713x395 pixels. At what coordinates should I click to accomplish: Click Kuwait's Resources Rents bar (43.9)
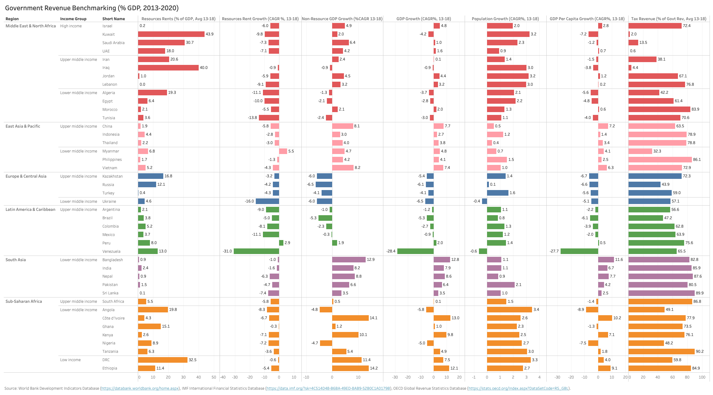click(171, 34)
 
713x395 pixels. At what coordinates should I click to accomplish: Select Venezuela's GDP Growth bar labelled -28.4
click(415, 251)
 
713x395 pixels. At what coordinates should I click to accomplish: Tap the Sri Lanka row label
click(110, 293)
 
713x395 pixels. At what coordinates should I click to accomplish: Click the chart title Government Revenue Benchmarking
click(92, 8)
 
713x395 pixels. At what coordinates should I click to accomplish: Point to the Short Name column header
click(114, 19)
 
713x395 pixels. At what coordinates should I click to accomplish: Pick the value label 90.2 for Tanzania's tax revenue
click(700, 352)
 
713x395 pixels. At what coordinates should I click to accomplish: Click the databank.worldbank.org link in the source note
click(140, 388)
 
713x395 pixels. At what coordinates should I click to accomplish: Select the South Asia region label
click(16, 260)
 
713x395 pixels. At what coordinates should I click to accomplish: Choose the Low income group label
click(70, 360)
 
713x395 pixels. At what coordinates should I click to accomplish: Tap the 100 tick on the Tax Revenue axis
click(702, 377)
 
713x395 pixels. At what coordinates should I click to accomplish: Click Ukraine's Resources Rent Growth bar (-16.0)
click(267, 201)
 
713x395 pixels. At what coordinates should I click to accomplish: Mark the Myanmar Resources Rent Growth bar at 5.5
click(283, 151)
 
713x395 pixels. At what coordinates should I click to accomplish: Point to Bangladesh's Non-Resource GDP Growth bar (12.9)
click(349, 260)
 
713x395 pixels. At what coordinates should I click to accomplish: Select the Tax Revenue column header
click(669, 19)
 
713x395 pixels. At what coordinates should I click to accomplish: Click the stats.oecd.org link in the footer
click(518, 388)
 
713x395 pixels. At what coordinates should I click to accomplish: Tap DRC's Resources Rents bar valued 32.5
click(163, 360)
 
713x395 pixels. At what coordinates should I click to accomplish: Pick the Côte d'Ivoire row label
click(113, 318)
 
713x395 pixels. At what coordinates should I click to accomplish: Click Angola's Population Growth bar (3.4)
click(509, 310)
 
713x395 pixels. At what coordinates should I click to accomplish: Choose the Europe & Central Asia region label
click(26, 176)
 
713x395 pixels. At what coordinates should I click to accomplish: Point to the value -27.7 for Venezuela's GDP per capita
click(554, 251)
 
